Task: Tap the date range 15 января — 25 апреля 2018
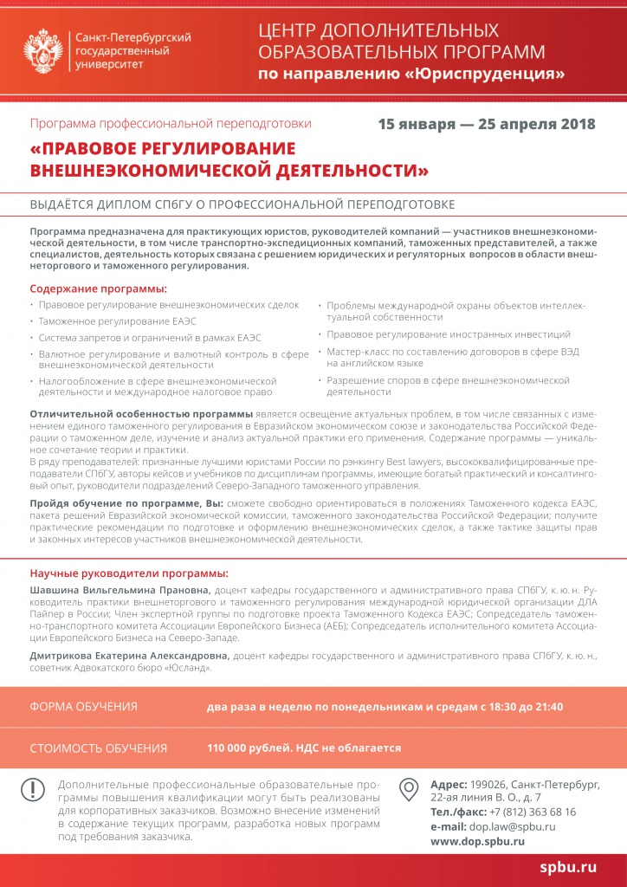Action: pyautogui.click(x=487, y=124)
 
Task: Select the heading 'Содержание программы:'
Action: pyautogui.click(x=99, y=288)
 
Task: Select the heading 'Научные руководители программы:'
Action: pyautogui.click(x=129, y=573)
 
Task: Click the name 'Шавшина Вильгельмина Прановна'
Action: pyautogui.click(x=120, y=590)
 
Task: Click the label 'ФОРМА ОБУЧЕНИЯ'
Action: pyautogui.click(x=84, y=707)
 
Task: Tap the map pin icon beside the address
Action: pyautogui.click(x=409, y=789)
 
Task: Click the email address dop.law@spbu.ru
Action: pyautogui.click(x=513, y=826)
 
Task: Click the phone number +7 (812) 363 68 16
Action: pyautogui.click(x=533, y=812)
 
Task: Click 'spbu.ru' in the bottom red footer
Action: pyautogui.click(x=568, y=866)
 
